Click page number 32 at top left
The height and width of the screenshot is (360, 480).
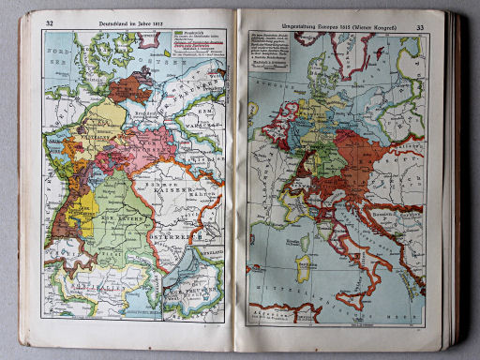coord(49,22)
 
